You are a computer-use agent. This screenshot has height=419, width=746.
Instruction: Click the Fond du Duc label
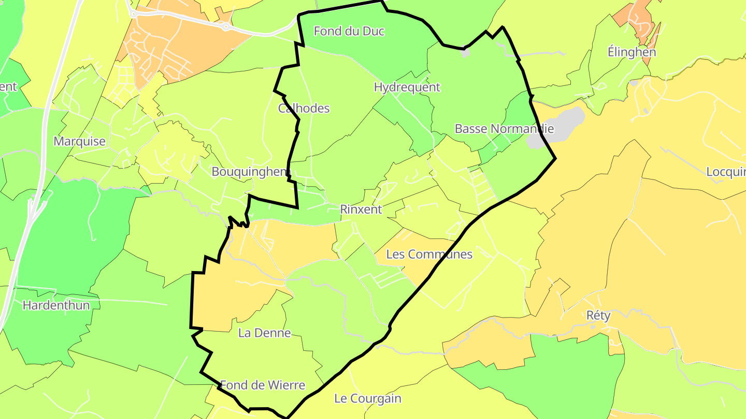point(349,32)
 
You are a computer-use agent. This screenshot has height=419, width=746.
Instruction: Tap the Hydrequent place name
point(407,87)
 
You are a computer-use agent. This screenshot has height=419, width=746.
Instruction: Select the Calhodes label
point(304,109)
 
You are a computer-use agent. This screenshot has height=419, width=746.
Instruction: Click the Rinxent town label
point(361,209)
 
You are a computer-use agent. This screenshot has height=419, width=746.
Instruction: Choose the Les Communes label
point(429,255)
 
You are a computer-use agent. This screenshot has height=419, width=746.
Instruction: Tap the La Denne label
point(264,333)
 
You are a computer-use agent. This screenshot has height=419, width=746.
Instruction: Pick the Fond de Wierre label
point(263,385)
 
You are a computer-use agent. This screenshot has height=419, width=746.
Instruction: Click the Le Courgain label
point(368,399)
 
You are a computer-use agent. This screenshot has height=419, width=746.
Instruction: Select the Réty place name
point(598,316)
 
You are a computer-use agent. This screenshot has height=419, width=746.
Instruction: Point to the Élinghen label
point(632,52)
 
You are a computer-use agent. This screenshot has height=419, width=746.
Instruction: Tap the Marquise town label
point(79,142)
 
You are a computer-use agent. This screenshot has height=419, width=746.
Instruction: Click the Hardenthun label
point(56,306)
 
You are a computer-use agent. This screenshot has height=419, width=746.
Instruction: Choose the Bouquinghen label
point(249,172)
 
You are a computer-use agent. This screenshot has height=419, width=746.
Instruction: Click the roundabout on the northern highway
point(226,27)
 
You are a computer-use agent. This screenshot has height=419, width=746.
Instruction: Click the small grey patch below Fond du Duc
point(465,53)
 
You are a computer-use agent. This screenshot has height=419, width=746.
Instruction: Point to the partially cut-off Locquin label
point(726,172)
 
